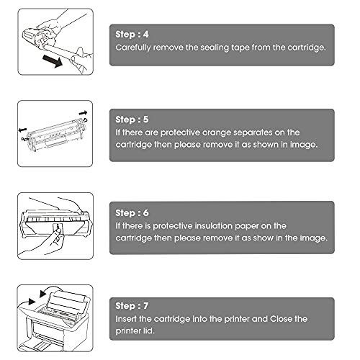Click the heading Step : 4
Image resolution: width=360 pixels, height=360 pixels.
pyautogui.click(x=132, y=35)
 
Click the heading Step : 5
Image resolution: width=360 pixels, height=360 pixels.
pyautogui.click(x=132, y=120)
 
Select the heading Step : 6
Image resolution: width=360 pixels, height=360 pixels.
pyautogui.click(x=132, y=213)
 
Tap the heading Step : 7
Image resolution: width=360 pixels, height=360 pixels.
pyautogui.click(x=132, y=306)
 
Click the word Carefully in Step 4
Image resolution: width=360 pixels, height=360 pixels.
pyautogui.click(x=133, y=48)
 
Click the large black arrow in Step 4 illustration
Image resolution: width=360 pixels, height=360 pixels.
pyautogui.click(x=53, y=60)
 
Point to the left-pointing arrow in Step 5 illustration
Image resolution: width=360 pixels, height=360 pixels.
pyautogui.click(x=22, y=130)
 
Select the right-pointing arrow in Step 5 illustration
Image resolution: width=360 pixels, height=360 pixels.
pyautogui.click(x=83, y=112)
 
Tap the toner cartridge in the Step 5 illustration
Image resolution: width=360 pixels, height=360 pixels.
pyautogui.click(x=55, y=135)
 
